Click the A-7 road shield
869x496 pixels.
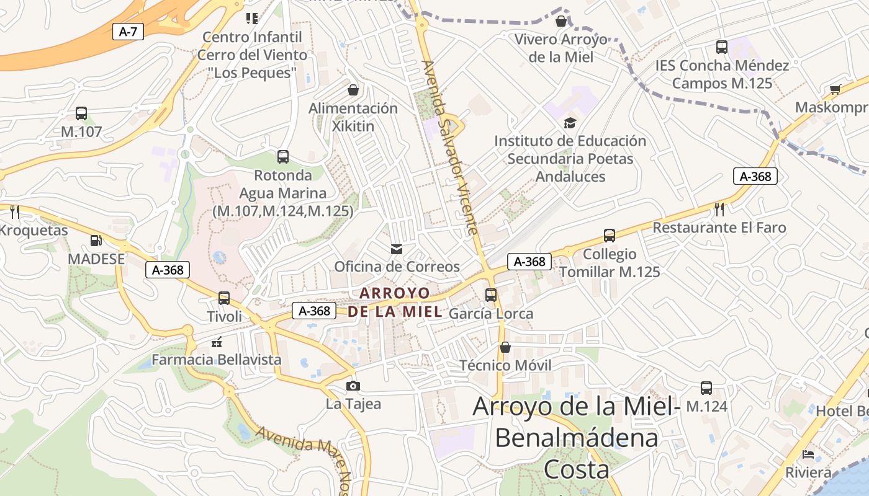tap(128, 32)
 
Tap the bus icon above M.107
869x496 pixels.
tap(81, 113)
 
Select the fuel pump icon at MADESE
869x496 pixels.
tap(96, 241)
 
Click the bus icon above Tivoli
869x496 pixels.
tap(224, 298)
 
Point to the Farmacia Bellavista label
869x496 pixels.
tap(217, 360)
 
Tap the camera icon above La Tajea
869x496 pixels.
tap(353, 386)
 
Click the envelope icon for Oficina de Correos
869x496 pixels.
tap(397, 249)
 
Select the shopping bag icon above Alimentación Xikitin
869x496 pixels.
tap(353, 91)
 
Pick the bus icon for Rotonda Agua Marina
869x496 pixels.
tap(283, 157)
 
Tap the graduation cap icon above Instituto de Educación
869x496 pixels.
tap(570, 123)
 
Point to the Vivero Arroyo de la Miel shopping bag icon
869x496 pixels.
tap(561, 22)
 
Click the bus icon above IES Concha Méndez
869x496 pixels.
tap(722, 47)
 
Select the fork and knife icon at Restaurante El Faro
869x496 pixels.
tap(719, 210)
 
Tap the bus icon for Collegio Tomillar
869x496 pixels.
tap(610, 236)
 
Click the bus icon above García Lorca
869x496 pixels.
tap(491, 295)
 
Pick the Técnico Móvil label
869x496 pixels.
tap(505, 365)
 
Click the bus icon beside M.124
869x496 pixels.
tap(706, 389)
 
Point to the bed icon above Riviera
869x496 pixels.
tap(808, 454)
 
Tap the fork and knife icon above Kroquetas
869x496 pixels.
tap(16, 212)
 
